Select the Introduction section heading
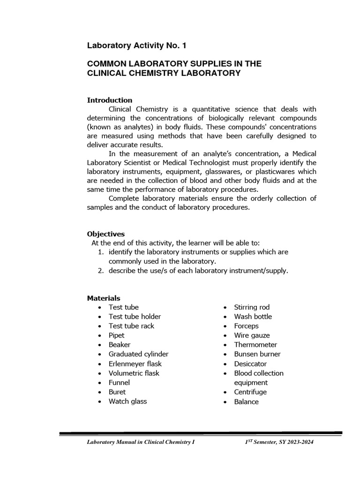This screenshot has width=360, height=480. (x=110, y=100)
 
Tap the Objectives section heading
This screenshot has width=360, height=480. (x=106, y=233)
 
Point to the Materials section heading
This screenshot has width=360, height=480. (x=104, y=298)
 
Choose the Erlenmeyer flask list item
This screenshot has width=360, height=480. (x=135, y=364)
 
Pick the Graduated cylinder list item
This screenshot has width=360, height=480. (x=138, y=354)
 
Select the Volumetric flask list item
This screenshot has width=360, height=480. (x=134, y=373)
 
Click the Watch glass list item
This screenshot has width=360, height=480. (x=127, y=401)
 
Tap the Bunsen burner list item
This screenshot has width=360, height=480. (x=257, y=354)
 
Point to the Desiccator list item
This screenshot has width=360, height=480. (x=251, y=364)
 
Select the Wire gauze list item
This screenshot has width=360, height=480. (x=252, y=335)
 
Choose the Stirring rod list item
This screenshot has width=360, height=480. (x=252, y=307)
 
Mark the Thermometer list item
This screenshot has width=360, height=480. (x=256, y=345)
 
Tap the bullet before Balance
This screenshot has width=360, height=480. (x=226, y=402)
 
